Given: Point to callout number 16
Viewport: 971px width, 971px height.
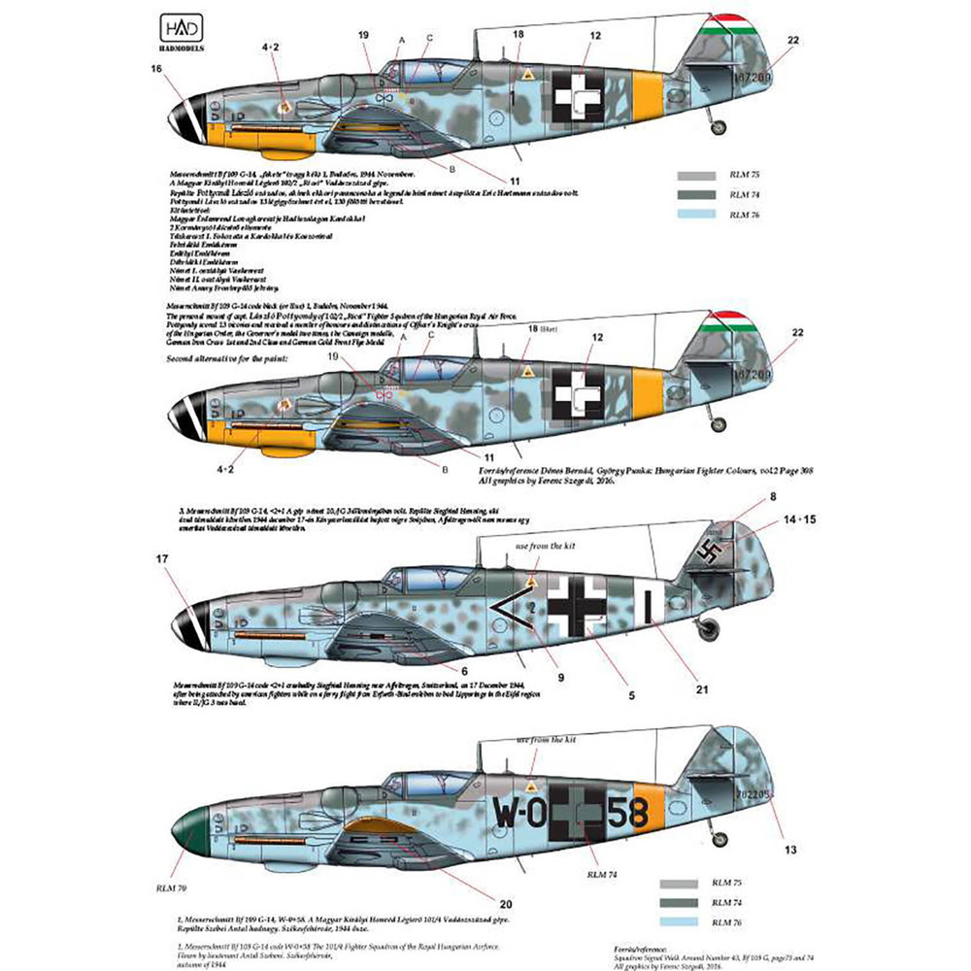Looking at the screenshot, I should click(156, 68).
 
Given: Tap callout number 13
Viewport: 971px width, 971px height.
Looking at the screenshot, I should click(790, 850).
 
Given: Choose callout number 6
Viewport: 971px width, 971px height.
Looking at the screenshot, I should click(464, 670).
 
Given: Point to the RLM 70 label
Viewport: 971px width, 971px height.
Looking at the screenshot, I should click(166, 915).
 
